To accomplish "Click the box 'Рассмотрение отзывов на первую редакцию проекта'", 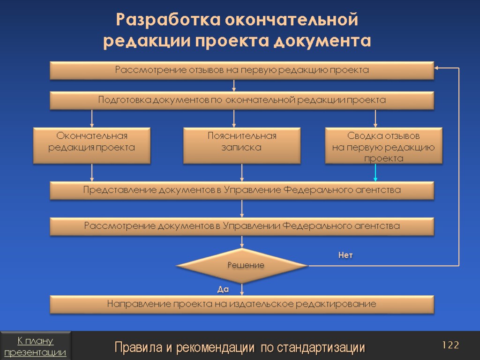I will point(242,70).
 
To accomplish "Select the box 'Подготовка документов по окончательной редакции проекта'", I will point(242,100).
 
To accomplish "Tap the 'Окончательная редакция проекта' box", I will point(92,145).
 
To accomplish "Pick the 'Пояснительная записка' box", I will point(242,145).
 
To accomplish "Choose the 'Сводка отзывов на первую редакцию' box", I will point(383,146).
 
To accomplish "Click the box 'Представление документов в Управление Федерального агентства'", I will point(242,190).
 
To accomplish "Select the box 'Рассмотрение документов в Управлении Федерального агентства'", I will point(242,226).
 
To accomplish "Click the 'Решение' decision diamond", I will point(242,265).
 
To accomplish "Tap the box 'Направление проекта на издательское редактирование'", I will point(242,305).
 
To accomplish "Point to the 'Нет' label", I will point(345,255).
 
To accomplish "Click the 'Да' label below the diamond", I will point(223,290).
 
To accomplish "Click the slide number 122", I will point(450,345).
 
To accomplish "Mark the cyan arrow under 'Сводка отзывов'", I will point(375,173).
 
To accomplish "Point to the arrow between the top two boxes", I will point(234,86).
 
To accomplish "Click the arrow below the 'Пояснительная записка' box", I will point(242,173).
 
